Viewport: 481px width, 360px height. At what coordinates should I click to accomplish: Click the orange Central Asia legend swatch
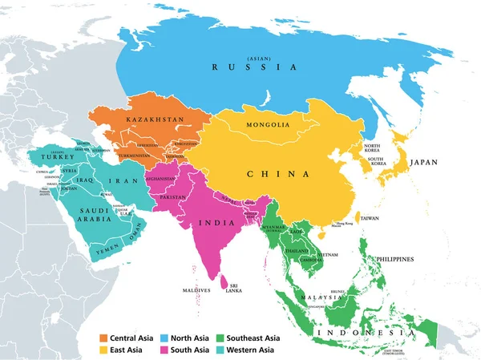point(103,338)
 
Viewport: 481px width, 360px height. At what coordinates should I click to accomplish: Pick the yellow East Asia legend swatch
point(103,350)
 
